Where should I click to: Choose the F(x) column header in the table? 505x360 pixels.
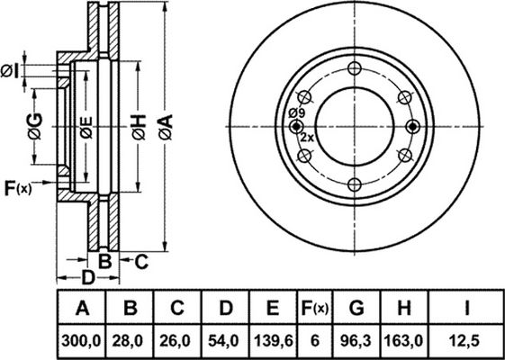point(315,308)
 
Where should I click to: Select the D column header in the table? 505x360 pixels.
point(225,308)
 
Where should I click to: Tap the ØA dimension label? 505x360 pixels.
point(166,127)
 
